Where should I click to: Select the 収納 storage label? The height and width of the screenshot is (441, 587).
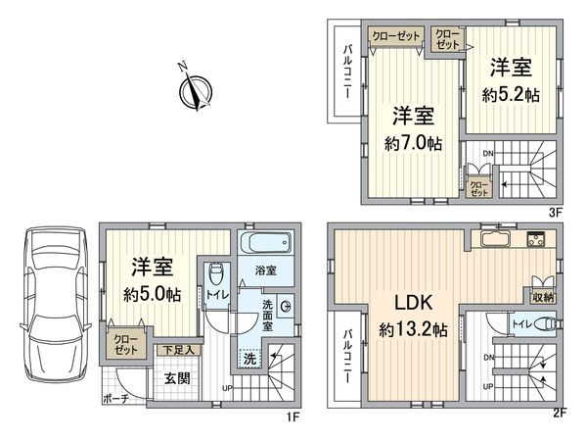coord(544,296)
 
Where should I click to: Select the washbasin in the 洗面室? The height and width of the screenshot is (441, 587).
coord(285,306)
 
